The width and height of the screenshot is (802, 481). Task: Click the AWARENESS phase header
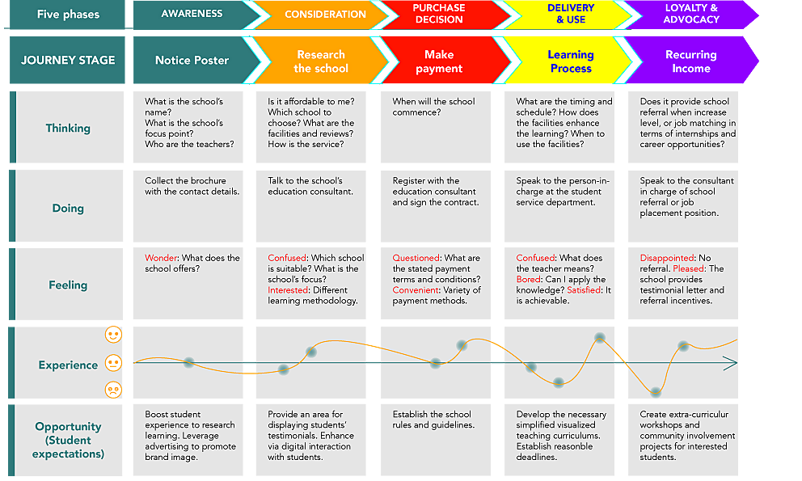coord(192,14)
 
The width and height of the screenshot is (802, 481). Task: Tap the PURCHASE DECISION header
coord(439,14)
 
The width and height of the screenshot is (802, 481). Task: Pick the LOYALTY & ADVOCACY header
coord(691,14)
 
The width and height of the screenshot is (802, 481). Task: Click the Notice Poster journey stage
coord(192,60)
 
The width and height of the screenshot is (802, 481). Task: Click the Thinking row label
coord(68,128)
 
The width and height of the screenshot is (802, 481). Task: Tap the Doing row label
coord(68,208)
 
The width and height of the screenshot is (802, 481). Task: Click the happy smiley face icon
coord(113,335)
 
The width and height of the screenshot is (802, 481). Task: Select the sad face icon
coord(113,390)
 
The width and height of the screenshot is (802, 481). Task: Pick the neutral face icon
coord(113,363)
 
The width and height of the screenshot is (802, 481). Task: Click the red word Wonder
coord(161,258)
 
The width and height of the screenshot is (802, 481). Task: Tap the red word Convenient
coord(416,290)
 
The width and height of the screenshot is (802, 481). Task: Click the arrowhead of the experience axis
coord(732,363)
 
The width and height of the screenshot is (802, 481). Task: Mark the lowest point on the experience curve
coord(656,392)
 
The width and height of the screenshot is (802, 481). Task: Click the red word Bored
coord(529,280)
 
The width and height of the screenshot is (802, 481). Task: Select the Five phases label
coord(68,15)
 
